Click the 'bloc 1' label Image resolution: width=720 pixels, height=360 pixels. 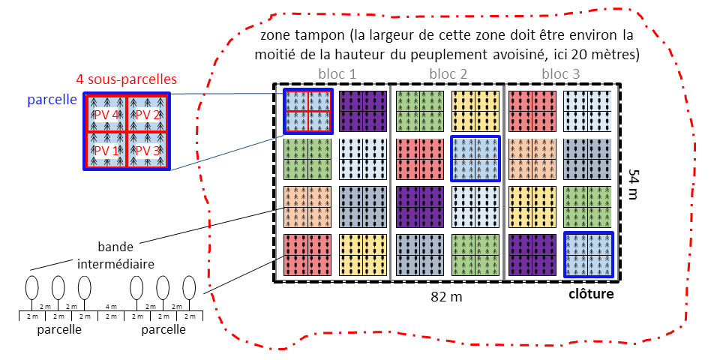point(337,74)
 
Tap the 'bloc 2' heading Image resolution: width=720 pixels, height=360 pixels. point(448,74)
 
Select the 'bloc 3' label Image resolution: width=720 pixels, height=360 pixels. point(560,74)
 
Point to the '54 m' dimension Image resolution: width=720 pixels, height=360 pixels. point(634,182)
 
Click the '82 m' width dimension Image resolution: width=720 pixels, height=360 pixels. point(446,296)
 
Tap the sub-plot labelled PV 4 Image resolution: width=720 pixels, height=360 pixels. point(106,114)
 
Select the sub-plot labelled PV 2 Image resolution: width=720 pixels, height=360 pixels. point(148,114)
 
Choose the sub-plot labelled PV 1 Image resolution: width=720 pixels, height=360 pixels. point(106,149)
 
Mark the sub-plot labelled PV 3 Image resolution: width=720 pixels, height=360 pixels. point(148,149)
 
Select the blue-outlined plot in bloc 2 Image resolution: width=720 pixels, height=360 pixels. point(475,158)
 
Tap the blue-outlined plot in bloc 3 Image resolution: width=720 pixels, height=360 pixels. point(588,254)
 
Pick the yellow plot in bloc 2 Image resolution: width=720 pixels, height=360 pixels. point(475,111)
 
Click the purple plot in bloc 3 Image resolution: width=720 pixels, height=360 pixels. point(532,254)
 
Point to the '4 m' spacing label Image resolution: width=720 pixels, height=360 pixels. point(112,306)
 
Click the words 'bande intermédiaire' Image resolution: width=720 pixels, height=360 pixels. point(115,255)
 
